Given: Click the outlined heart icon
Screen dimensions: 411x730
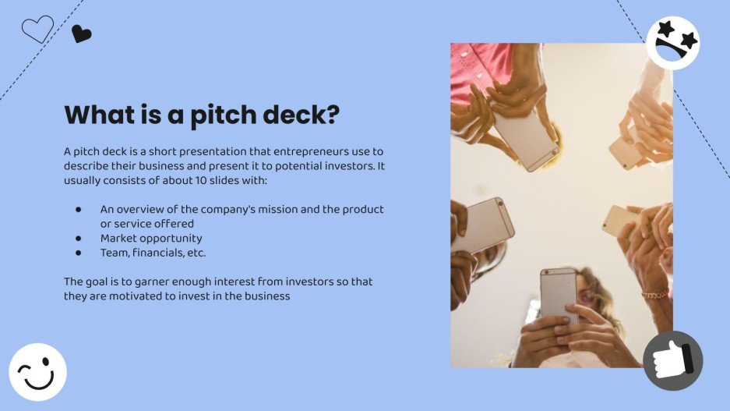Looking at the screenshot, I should coord(37,29).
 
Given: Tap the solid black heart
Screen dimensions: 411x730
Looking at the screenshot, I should coord(81,34).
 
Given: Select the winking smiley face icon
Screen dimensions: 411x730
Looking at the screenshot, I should coord(37,372).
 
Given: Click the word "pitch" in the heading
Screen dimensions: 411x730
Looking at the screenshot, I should coord(231,115).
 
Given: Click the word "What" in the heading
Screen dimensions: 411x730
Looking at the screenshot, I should coord(99,115).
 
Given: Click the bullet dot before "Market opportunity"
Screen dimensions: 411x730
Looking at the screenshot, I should coord(79,239).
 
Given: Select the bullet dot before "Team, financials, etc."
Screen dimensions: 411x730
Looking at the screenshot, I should coord(79,253).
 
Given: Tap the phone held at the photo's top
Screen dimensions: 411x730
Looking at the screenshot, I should coord(524,133).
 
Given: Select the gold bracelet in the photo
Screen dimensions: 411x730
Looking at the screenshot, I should coord(654,295).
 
